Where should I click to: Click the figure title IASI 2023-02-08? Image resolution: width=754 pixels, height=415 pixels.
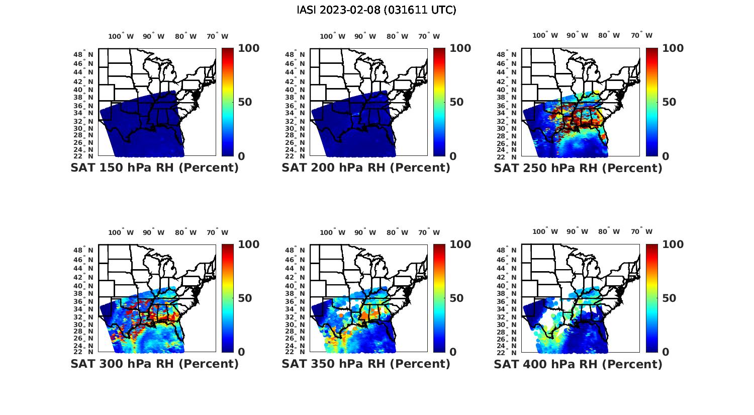(x=376, y=10)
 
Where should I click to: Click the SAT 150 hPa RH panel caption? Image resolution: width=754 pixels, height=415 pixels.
(x=154, y=168)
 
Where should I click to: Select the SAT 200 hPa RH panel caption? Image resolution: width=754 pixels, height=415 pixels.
(x=366, y=168)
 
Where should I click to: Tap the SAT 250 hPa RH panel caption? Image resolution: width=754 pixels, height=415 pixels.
(x=578, y=168)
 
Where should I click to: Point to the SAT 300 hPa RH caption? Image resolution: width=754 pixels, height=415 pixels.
(x=154, y=364)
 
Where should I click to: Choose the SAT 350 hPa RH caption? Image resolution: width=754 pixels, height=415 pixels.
(x=366, y=364)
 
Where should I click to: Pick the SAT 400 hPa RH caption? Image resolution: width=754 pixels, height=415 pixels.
(x=578, y=364)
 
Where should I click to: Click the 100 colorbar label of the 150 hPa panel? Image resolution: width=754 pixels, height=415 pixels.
(x=249, y=48)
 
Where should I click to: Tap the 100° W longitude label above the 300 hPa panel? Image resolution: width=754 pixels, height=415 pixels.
(x=121, y=232)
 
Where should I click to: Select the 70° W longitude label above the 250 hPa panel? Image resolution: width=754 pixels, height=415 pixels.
(x=641, y=35)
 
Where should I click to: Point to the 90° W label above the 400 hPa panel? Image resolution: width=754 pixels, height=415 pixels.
(x=577, y=231)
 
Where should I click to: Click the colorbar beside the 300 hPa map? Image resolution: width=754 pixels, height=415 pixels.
(x=228, y=298)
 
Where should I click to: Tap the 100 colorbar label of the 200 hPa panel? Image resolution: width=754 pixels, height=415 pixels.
(x=460, y=48)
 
